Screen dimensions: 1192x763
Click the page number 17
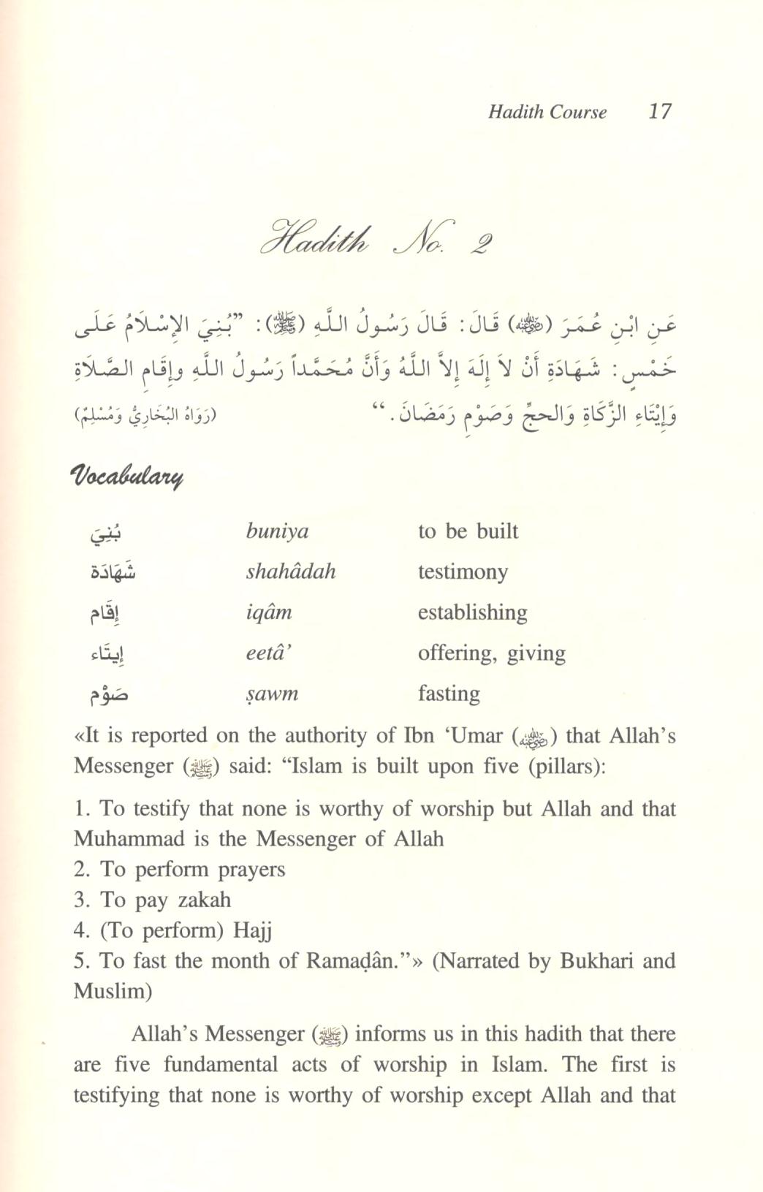[x=659, y=111]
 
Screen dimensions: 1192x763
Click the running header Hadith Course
[x=547, y=112]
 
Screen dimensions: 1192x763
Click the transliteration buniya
[x=277, y=531]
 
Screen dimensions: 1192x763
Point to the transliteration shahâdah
[x=291, y=571]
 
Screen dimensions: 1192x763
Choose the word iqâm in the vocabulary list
[x=268, y=612]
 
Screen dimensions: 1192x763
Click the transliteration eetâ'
[x=270, y=653]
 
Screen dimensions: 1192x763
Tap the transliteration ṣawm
[x=272, y=693]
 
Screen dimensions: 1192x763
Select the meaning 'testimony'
[x=463, y=571]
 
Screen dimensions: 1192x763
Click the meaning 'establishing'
[x=472, y=612]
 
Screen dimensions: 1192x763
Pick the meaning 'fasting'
[x=449, y=693]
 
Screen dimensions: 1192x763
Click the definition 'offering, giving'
[x=492, y=653]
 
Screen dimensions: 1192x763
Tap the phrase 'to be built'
[x=468, y=531]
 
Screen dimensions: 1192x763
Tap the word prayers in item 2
[x=249, y=870]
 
